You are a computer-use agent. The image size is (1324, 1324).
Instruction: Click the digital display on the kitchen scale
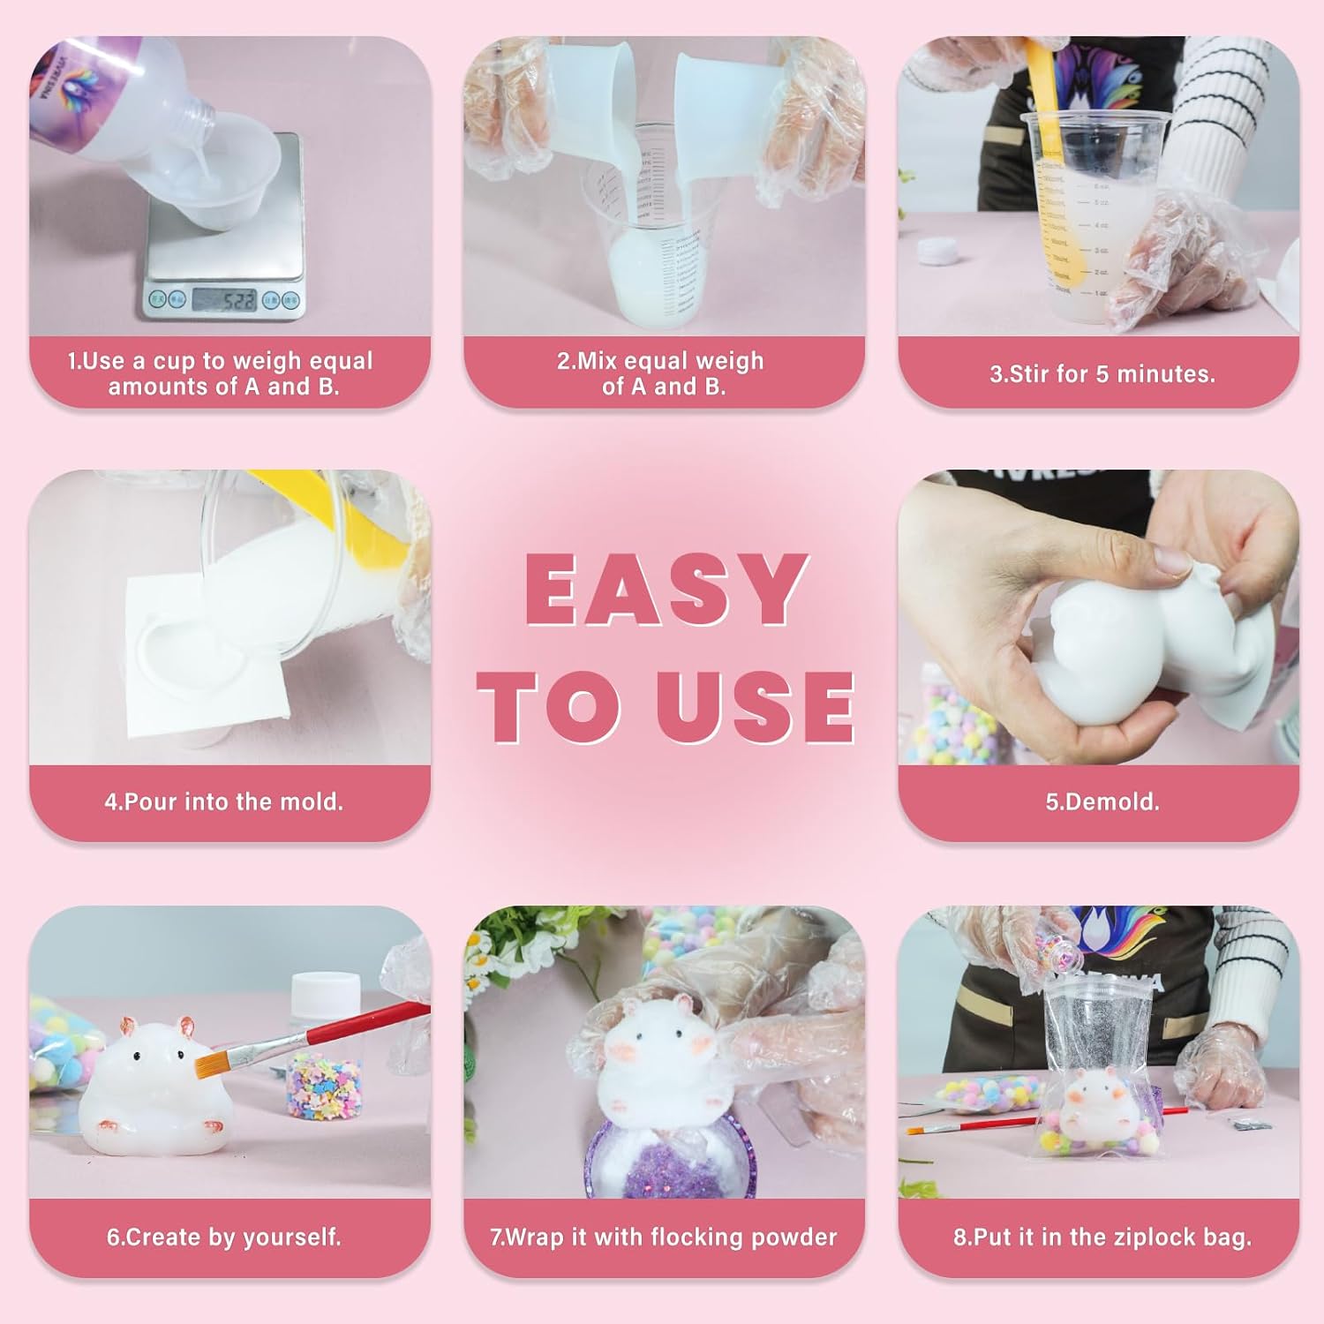(x=224, y=300)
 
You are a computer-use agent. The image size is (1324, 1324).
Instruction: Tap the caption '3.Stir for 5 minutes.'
(x=1102, y=374)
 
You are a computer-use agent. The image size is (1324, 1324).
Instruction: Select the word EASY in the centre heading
(x=666, y=589)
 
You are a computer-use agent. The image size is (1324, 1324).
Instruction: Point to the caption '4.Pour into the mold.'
(x=224, y=801)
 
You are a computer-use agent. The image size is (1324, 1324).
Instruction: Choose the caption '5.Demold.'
(x=1102, y=801)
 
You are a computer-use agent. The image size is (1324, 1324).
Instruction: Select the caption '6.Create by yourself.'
(x=224, y=1237)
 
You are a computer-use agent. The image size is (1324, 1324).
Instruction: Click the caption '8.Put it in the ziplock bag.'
(x=1102, y=1237)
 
